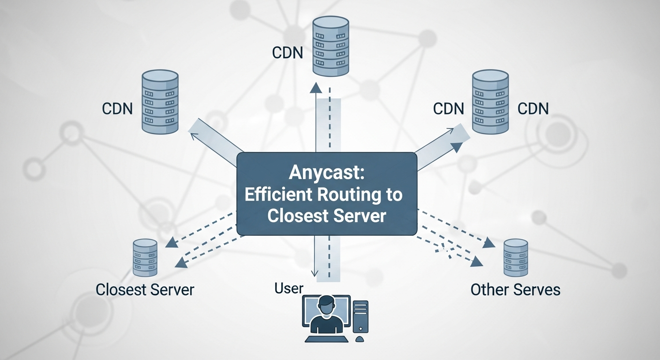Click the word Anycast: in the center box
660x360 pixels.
click(x=327, y=172)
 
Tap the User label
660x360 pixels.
click(x=289, y=288)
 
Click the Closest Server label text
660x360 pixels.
click(x=144, y=289)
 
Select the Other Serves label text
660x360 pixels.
click(x=515, y=289)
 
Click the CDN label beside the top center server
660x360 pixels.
click(x=288, y=52)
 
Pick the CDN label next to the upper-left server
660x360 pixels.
click(x=117, y=109)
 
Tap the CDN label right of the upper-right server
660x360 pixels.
click(x=533, y=109)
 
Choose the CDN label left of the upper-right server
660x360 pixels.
click(x=449, y=109)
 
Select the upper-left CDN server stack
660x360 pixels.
click(x=160, y=102)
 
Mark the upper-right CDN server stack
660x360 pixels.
click(x=490, y=102)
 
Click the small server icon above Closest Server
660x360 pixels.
click(x=145, y=257)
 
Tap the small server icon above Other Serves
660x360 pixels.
click(x=516, y=257)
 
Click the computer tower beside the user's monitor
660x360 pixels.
click(x=360, y=316)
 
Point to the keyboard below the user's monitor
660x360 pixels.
click(x=326, y=338)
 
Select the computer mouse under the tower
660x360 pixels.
click(x=360, y=339)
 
